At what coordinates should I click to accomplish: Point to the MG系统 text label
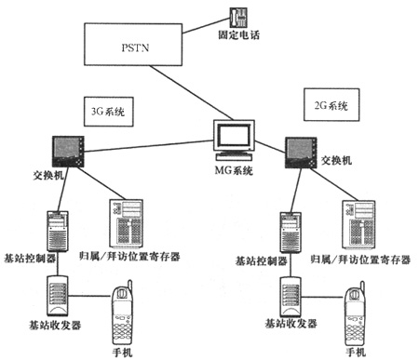coord(232,171)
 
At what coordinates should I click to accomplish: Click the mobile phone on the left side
coord(123,313)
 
